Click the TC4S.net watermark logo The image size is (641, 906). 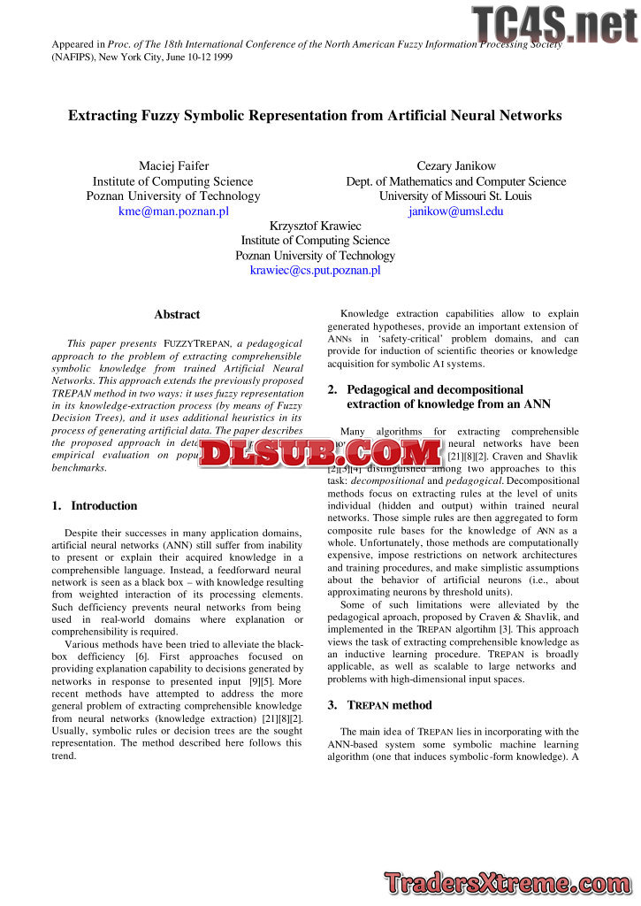[554, 24]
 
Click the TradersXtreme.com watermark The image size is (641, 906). [508, 882]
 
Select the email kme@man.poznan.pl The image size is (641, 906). [173, 211]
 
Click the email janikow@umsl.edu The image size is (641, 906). [455, 211]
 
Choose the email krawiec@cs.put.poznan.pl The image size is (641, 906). [315, 270]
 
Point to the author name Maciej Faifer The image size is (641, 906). [173, 166]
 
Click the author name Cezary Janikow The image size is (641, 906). [455, 166]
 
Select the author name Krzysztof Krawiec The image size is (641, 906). [315, 226]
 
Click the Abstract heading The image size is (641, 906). [177, 315]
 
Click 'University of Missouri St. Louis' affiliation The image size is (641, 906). [455, 196]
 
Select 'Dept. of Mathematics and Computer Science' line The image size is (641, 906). [455, 181]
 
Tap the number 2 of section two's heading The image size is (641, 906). [332, 389]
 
